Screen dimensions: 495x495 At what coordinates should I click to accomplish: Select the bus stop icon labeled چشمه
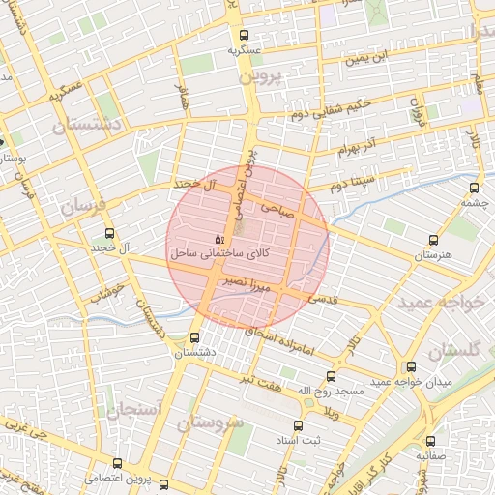point(473,188)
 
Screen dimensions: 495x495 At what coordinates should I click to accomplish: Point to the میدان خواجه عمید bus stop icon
point(412,367)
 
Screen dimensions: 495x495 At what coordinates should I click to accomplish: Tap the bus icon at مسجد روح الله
point(332,376)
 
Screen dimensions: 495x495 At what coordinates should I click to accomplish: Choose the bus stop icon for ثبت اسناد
point(298,424)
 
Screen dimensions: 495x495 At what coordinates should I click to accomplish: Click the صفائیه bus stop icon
point(431,438)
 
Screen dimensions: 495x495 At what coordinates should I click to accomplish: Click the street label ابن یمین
point(372,57)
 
